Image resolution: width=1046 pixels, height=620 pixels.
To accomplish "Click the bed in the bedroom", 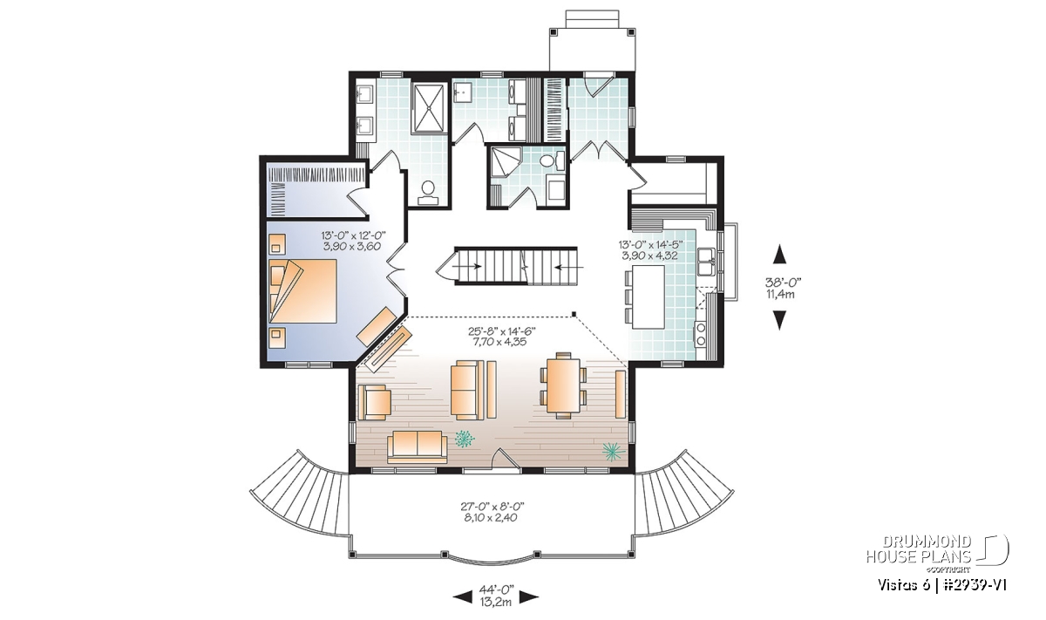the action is point(303,290).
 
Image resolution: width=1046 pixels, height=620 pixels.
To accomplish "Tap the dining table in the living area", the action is point(563,385).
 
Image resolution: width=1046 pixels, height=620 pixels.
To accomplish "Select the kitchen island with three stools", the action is point(645,296).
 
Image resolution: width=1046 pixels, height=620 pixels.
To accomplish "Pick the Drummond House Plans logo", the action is point(938,553).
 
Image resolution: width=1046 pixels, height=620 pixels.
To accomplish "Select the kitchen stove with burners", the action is point(701,335).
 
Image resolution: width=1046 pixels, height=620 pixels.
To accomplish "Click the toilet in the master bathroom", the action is point(428,193).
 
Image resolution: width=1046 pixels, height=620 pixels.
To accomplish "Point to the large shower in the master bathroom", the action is point(427,107).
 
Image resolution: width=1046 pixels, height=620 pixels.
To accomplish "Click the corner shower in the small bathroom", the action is point(504,162).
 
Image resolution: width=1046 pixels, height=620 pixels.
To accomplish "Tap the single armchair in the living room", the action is point(374,402).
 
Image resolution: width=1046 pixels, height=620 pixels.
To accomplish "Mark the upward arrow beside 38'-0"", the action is point(780,254).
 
